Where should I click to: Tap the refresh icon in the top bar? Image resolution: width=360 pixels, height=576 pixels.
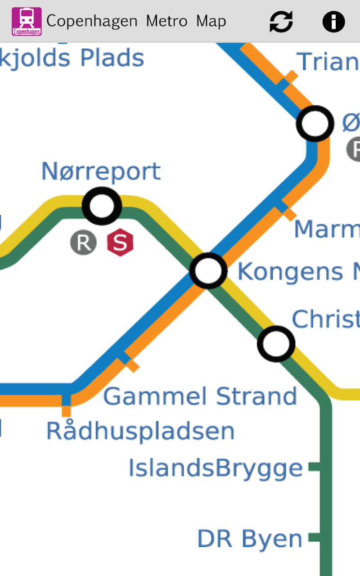[x=281, y=21]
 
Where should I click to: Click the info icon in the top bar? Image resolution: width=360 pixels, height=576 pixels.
[x=333, y=21]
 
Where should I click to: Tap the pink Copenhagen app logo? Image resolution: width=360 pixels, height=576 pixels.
[x=27, y=22]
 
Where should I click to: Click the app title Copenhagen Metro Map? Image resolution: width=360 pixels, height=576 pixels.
[x=136, y=21]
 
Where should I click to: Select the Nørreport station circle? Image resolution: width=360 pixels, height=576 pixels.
[x=102, y=206]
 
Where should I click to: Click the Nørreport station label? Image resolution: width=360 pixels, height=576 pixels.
[x=101, y=171]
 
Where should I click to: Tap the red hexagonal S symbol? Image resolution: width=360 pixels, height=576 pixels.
[x=120, y=243]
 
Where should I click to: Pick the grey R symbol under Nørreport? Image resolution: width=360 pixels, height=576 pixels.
[x=83, y=243]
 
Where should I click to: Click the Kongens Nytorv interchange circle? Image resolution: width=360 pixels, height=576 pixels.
[x=208, y=271]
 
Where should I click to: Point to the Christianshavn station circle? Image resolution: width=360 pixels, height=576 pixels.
[x=276, y=344]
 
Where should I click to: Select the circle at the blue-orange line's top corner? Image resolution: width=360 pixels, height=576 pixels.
[x=315, y=123]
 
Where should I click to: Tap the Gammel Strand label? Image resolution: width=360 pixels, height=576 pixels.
[x=200, y=396]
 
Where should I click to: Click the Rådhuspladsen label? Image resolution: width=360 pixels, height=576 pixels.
[x=140, y=431]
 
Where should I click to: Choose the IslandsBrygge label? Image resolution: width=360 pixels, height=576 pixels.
[x=216, y=468]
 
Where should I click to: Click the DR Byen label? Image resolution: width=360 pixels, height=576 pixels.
[x=250, y=539]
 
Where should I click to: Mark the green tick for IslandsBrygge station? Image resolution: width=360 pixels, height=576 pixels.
[x=314, y=467]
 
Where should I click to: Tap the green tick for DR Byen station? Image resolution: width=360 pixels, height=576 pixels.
[x=314, y=537]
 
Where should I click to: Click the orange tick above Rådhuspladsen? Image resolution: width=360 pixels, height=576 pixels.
[x=66, y=411]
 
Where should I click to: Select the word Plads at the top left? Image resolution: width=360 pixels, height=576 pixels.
[x=112, y=58]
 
